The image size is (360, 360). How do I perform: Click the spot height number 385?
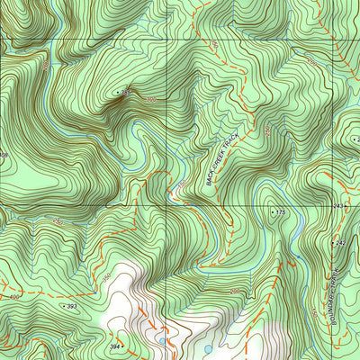click(127, 94)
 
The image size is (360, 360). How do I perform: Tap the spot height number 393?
click(73, 307)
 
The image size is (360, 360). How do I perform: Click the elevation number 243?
click(338, 207)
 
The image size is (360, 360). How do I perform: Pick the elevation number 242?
click(340, 243)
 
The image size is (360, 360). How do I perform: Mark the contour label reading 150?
click(179, 186)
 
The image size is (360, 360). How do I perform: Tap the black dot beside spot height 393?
click(63, 306)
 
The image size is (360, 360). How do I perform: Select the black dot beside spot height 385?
click(117, 93)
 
